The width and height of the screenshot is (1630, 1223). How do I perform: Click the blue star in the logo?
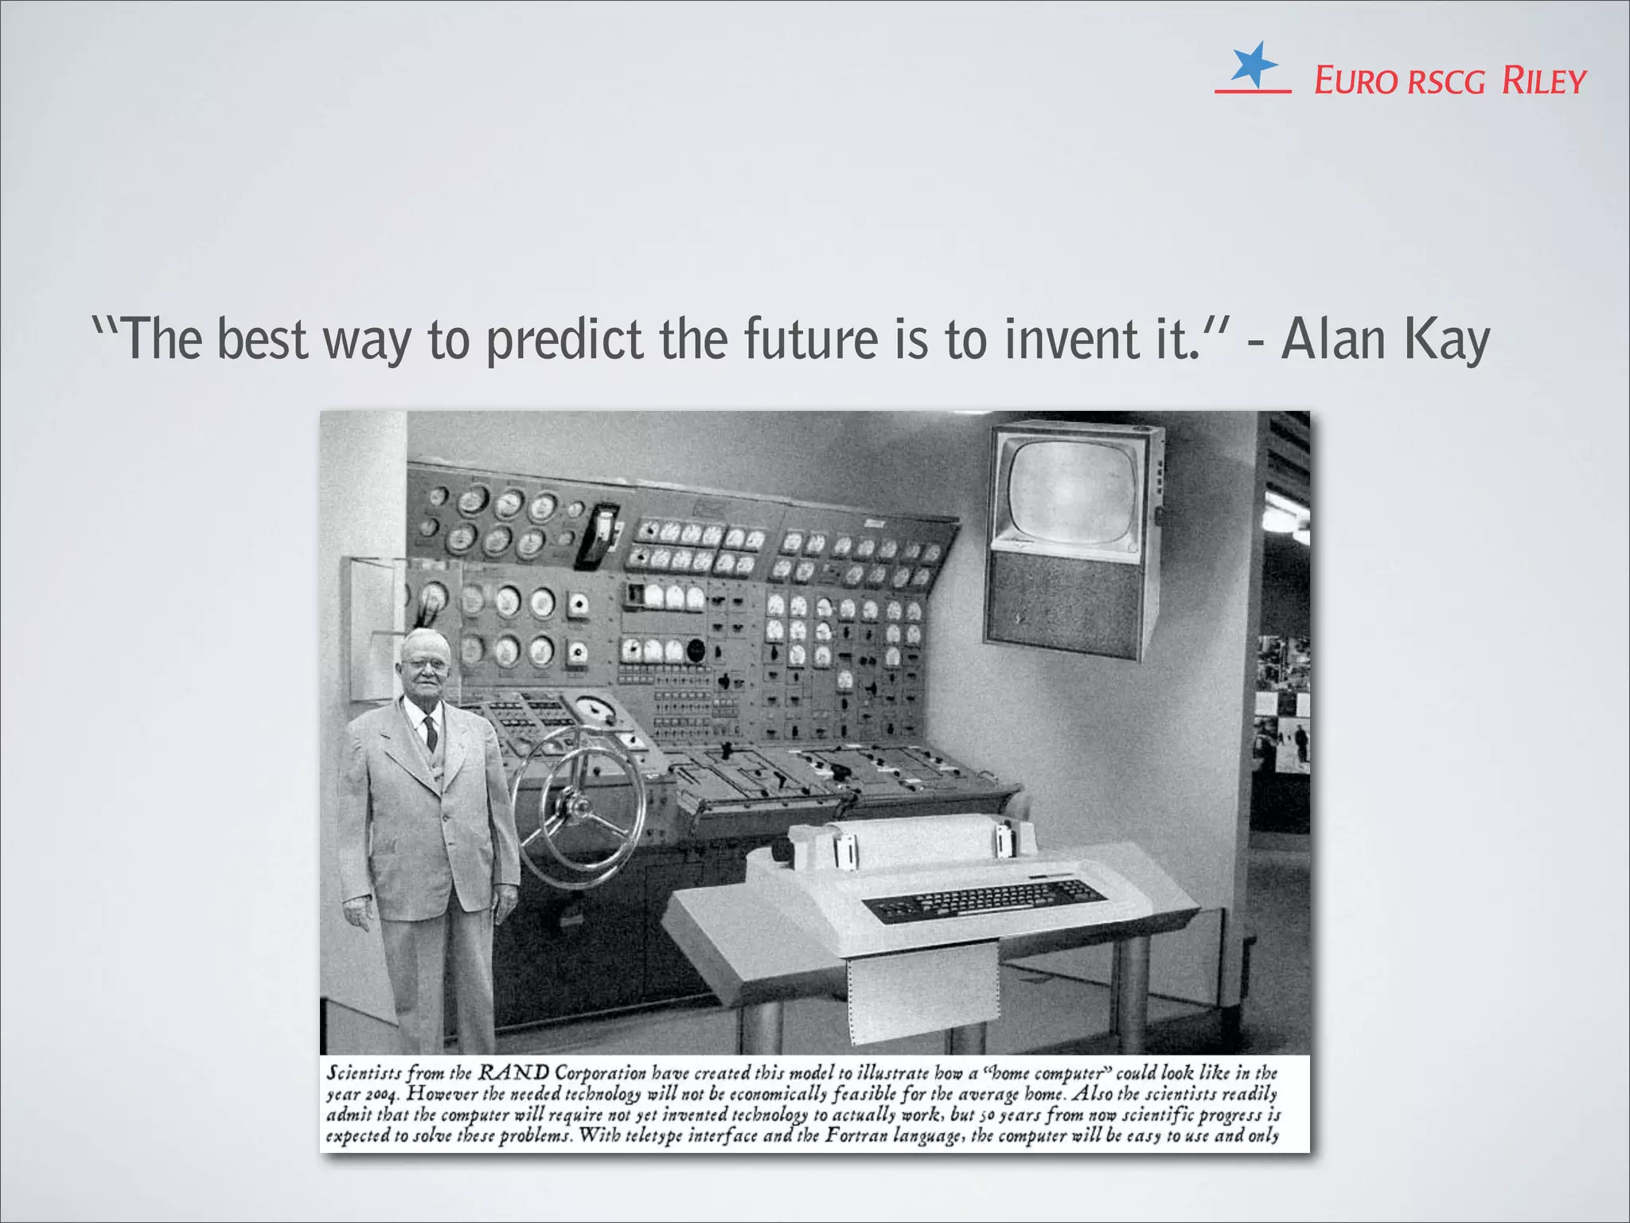click(1253, 64)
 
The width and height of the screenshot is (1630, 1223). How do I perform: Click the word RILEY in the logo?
click(1544, 81)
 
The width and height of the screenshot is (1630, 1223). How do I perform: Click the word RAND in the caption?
click(513, 1073)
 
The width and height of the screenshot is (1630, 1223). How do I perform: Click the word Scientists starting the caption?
click(365, 1073)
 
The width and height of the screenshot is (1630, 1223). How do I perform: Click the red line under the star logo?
click(1252, 92)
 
